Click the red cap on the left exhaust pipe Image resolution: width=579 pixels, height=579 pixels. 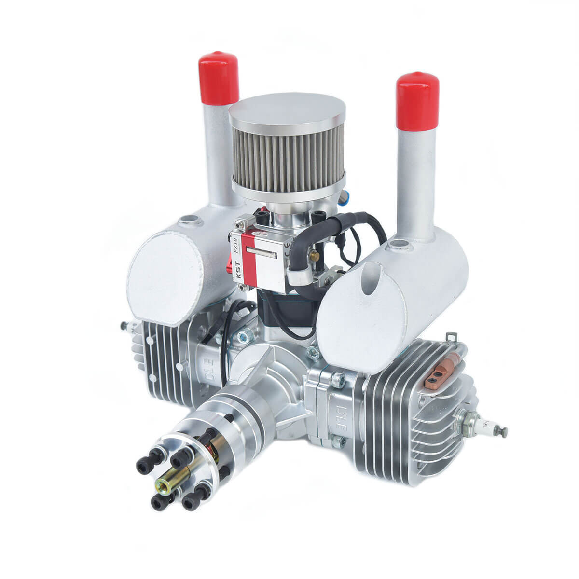(219, 80)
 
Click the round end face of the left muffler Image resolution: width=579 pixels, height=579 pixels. (164, 270)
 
